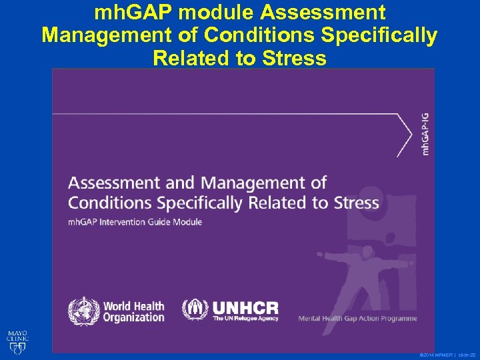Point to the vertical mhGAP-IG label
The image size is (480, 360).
(x=425, y=134)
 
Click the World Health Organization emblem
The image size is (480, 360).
(x=83, y=311)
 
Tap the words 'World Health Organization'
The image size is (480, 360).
(x=133, y=311)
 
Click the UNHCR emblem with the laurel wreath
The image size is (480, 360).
(x=195, y=309)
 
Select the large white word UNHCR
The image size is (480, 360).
(x=245, y=307)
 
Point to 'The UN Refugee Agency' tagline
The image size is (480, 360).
(x=245, y=319)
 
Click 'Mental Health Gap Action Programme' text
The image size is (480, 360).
(x=358, y=318)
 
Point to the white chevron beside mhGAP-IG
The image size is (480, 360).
(x=404, y=134)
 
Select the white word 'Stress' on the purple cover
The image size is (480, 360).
(x=354, y=202)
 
